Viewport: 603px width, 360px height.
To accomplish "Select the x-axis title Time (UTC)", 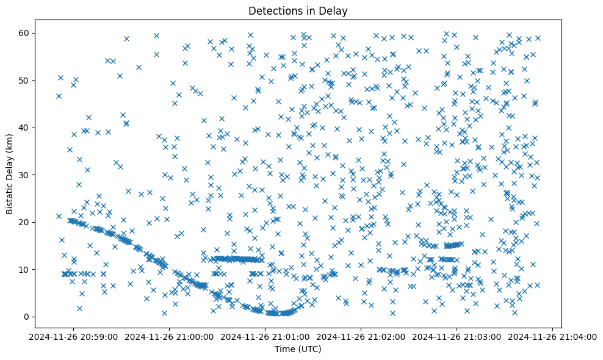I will [298, 349].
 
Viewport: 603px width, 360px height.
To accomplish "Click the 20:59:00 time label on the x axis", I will [73, 336].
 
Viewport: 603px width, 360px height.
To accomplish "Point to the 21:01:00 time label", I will [265, 336].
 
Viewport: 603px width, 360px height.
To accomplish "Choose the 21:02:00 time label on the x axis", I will [361, 336].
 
